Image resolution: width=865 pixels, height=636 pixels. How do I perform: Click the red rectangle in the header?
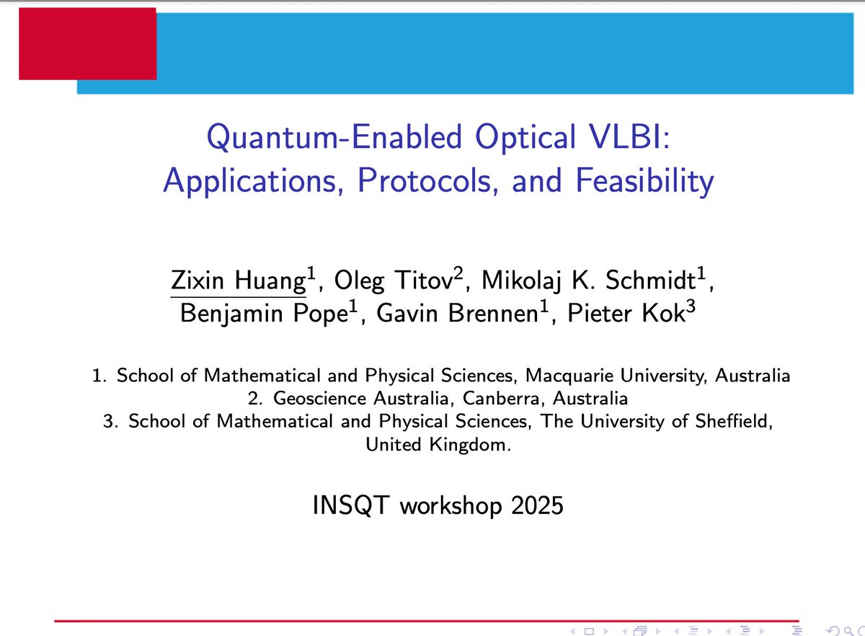(x=87, y=43)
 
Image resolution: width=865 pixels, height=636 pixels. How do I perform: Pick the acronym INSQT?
(x=351, y=506)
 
